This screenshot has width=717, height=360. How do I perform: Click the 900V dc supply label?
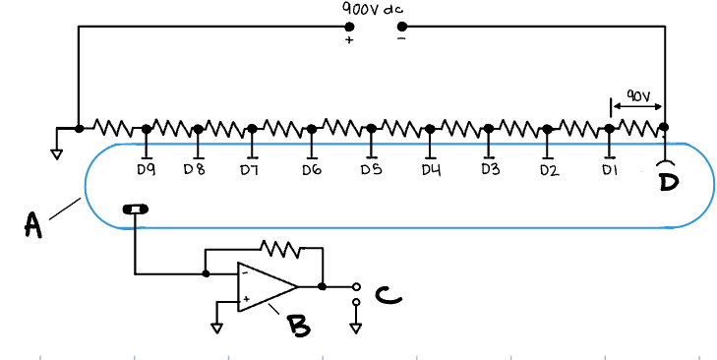[x=373, y=9]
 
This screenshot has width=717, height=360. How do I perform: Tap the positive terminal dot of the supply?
[x=349, y=27]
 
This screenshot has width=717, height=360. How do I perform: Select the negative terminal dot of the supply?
[x=400, y=27]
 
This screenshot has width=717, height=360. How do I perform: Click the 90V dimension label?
[x=637, y=96]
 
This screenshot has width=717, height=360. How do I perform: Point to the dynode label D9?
[x=147, y=170]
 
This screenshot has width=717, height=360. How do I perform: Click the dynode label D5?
[x=371, y=170]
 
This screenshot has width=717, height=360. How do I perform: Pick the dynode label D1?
[x=609, y=170]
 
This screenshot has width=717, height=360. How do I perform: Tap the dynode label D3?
[x=490, y=170]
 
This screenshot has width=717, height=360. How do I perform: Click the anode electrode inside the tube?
[x=136, y=209]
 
